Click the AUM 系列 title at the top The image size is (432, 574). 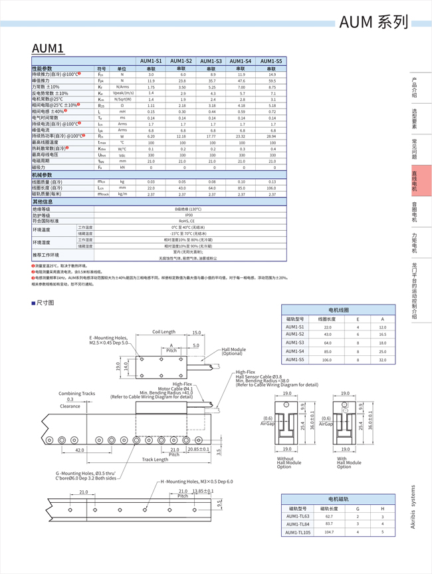374,22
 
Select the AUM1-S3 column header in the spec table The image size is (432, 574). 211,61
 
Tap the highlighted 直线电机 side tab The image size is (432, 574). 414,181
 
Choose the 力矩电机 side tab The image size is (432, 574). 414,243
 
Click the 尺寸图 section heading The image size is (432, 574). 45,303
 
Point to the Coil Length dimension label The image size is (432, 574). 163,332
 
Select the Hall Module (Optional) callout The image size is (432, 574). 234,351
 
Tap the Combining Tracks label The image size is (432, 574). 77,393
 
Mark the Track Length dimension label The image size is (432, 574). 155,459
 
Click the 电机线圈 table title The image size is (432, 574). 338,310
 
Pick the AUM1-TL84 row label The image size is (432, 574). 298,524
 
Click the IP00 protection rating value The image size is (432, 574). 189,215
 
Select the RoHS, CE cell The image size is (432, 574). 189,221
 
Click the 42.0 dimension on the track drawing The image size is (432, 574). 79,450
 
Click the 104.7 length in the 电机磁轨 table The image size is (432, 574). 328,532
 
